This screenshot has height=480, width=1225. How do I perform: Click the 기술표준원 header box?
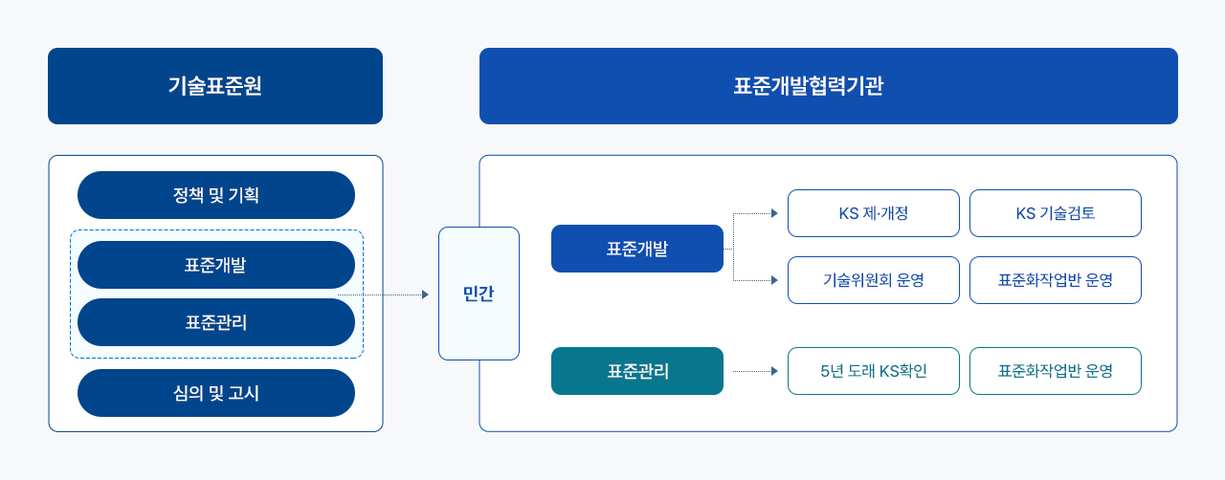coord(215,86)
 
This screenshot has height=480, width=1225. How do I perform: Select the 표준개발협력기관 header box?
coord(829,86)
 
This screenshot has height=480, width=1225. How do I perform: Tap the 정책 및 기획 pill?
coord(216,195)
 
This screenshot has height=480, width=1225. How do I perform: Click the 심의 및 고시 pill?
coord(216,393)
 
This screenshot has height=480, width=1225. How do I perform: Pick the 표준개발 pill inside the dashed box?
coord(216,265)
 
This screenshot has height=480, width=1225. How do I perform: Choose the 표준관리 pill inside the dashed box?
coord(216,322)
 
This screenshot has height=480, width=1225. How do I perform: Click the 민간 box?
coord(479,294)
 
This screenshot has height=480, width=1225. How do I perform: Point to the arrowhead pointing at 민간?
coord(426,295)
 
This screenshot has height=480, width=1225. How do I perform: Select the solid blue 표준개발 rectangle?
coord(637,249)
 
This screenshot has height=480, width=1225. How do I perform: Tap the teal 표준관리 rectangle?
coord(637,371)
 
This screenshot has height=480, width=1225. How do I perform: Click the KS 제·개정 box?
coord(874,213)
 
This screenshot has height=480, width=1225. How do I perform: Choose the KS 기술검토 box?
coord(1056,213)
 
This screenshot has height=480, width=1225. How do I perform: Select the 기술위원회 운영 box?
coord(874,280)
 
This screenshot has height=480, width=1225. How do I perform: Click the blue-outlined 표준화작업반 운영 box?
coord(1056,280)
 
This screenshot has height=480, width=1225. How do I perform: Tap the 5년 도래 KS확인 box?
coord(874,371)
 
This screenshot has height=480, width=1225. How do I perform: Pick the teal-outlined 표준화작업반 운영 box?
coord(1056,371)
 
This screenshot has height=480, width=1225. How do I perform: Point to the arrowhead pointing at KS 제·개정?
coord(774,213)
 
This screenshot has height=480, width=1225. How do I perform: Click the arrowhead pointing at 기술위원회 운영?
coord(774,280)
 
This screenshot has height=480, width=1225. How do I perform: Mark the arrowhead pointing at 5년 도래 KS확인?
coord(774,371)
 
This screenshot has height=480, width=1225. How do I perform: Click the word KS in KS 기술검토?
coord(1026,213)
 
